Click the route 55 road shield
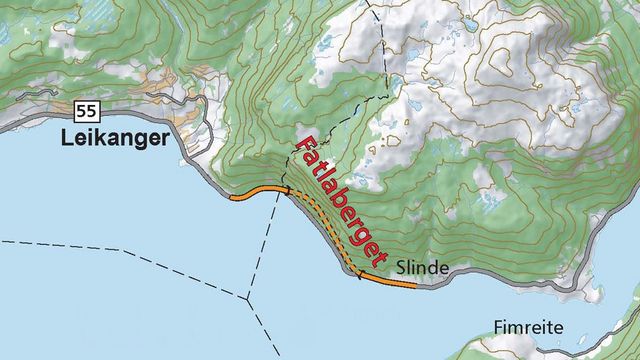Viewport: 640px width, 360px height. pyautogui.click(x=85, y=108)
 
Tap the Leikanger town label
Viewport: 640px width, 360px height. pyautogui.click(x=115, y=138)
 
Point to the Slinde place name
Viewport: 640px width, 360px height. pyautogui.click(x=419, y=268)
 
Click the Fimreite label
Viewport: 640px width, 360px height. pyautogui.click(x=527, y=328)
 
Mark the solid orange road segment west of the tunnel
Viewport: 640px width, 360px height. pyautogui.click(x=256, y=194)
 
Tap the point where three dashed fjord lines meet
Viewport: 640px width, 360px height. pyautogui.click(x=247, y=297)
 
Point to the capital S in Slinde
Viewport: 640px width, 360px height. pyautogui.click(x=401, y=268)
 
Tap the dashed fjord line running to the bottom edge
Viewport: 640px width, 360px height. pyautogui.click(x=268, y=335)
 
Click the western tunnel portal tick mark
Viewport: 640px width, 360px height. pyautogui.click(x=288, y=189)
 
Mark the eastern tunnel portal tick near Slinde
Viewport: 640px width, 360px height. pyautogui.click(x=357, y=272)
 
